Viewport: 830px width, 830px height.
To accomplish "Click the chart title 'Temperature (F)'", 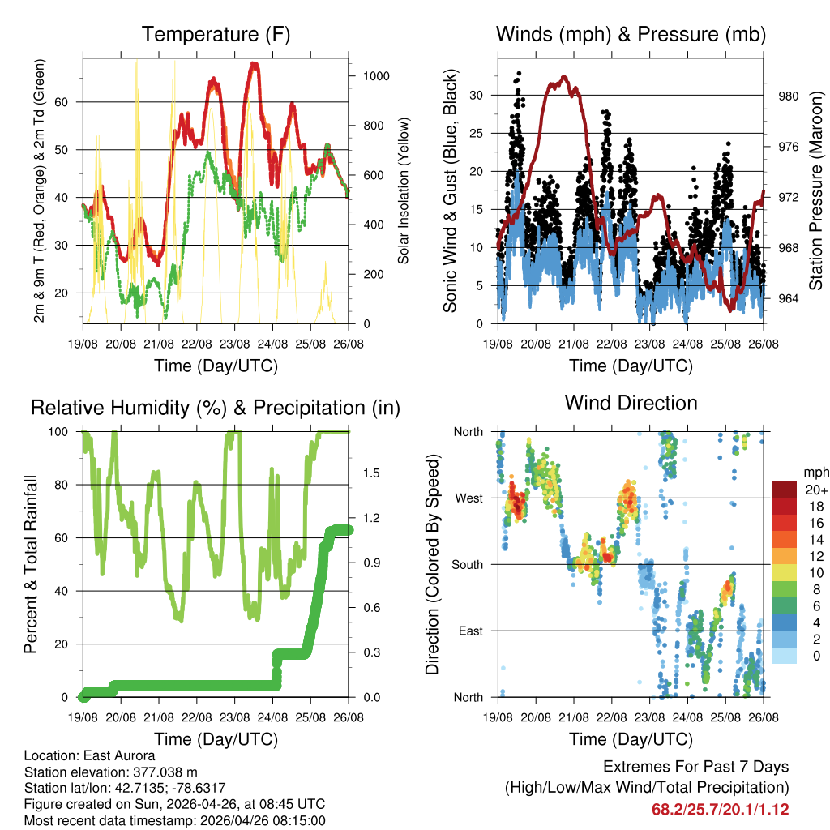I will (x=216, y=35).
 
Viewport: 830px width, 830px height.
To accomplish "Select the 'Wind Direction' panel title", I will (x=631, y=403).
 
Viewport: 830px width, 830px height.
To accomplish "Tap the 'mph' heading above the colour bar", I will (x=815, y=472).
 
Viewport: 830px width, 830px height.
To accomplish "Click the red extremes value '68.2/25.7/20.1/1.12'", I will (x=720, y=809).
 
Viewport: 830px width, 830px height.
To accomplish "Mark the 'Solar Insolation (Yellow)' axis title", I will (x=403, y=190).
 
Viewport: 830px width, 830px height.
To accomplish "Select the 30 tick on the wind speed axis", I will (x=477, y=95).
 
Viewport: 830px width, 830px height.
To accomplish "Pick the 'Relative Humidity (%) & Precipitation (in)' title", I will (x=216, y=408).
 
